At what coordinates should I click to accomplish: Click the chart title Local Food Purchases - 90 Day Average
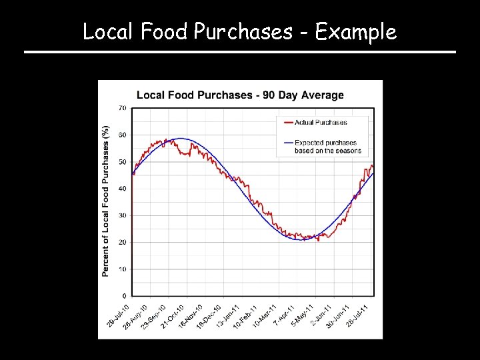pos(240,95)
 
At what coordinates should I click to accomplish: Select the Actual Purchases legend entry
pos(321,122)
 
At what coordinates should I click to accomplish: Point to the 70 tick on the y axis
pos(123,108)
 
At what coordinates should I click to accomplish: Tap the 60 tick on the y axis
pos(123,135)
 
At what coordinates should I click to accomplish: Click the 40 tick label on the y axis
pos(123,189)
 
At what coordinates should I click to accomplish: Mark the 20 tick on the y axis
pos(123,243)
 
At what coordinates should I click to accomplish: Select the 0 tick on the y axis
pos(124,296)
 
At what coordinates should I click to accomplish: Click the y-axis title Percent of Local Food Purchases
pos(106,200)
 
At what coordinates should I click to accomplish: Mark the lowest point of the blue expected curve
pos(301,239)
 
